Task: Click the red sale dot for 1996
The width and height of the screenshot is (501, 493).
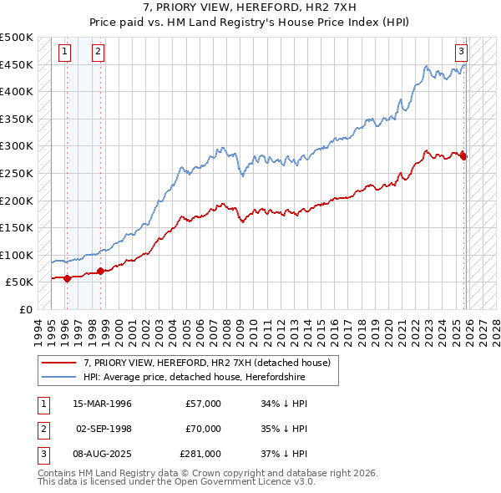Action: [68, 278]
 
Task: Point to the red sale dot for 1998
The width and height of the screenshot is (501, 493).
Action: [101, 271]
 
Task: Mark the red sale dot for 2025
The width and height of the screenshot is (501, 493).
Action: [464, 156]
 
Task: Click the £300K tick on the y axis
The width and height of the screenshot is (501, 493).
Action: [17, 146]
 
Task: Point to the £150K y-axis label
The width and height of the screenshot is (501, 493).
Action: [17, 227]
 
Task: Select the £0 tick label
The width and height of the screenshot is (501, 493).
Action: [24, 309]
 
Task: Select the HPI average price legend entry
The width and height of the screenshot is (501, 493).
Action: [194, 378]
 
